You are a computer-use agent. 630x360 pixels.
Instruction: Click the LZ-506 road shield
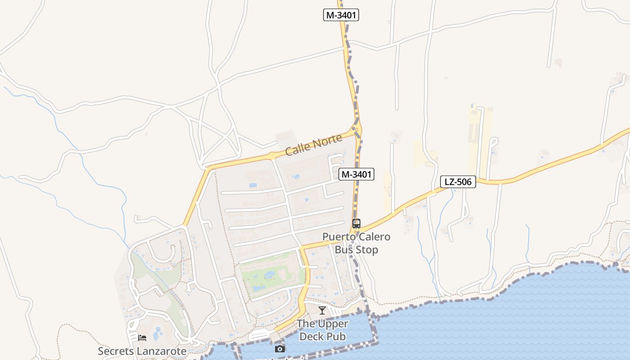(x=458, y=182)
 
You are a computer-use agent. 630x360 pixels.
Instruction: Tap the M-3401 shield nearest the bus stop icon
(x=356, y=174)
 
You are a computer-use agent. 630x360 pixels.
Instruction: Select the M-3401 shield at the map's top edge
(x=341, y=15)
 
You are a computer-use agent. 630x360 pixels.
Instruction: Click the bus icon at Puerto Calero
(x=356, y=224)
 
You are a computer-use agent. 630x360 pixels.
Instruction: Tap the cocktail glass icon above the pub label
(x=322, y=310)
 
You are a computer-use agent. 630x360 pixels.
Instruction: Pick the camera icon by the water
(x=280, y=349)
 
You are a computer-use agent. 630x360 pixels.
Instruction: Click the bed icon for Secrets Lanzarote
(x=142, y=338)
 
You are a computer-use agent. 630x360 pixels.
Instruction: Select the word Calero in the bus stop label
(x=374, y=237)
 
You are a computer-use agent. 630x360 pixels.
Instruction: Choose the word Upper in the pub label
(x=333, y=324)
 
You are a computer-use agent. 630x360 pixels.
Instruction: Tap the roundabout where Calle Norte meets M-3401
(x=356, y=130)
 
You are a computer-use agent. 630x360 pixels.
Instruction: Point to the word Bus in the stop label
(x=344, y=250)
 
